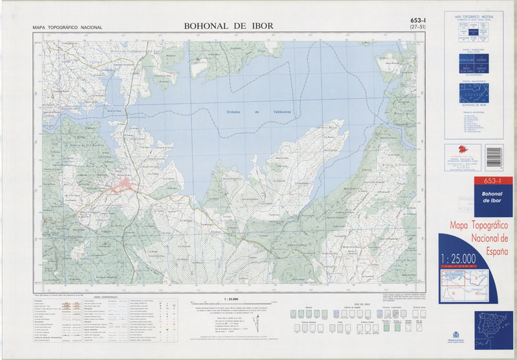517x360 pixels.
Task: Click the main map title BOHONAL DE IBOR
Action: click(x=228, y=26)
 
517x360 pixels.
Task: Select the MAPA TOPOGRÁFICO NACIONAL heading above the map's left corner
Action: click(x=67, y=28)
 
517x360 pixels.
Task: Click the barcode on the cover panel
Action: click(x=493, y=157)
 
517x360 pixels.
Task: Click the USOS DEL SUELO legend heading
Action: click(x=363, y=302)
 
